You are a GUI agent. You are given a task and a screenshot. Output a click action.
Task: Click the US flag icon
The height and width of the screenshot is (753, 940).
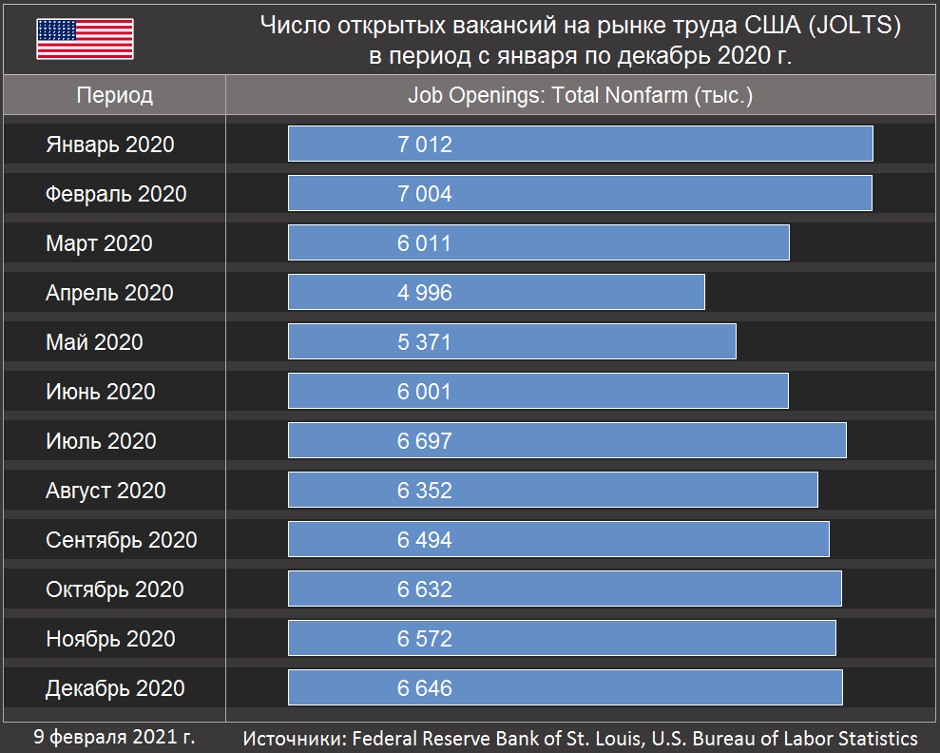85,39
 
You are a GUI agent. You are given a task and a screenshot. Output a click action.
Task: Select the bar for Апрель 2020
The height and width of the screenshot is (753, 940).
496,293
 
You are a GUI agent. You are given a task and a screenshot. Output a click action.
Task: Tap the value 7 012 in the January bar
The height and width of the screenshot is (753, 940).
425,145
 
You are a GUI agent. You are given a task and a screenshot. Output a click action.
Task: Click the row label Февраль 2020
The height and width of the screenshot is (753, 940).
116,194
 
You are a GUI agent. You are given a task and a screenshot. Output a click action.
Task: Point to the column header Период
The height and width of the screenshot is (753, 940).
114,96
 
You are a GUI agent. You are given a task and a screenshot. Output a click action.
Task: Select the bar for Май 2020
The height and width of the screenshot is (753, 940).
511,342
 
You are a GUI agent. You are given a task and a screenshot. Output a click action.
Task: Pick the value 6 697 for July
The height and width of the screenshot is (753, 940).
425,441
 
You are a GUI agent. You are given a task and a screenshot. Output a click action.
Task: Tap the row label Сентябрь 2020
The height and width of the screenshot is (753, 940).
122,540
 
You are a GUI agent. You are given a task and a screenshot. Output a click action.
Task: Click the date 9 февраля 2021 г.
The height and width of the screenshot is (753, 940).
114,737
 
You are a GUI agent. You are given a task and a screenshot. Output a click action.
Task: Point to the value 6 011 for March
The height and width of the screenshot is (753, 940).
425,243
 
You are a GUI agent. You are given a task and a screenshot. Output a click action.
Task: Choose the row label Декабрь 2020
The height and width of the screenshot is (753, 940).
115,688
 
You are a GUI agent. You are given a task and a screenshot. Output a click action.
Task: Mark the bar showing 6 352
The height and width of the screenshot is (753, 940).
552,491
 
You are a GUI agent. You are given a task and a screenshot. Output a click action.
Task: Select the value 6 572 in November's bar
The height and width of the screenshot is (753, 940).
425,639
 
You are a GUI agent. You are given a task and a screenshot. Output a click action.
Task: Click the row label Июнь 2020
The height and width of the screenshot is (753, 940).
101,392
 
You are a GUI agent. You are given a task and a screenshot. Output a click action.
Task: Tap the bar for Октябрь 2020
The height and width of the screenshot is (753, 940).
565,589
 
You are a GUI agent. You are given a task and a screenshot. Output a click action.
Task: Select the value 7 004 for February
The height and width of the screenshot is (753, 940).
425,194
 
